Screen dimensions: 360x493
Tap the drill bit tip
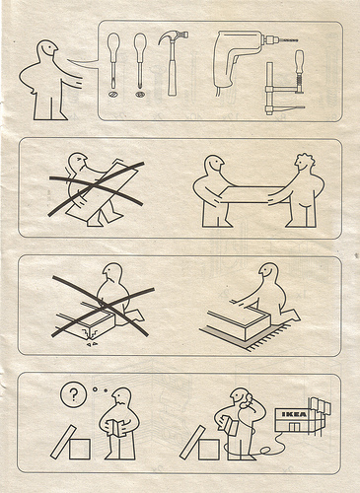point(297,40)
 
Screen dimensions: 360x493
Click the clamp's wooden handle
point(299,62)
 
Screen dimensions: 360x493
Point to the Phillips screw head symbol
point(140,95)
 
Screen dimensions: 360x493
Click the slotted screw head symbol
point(113,95)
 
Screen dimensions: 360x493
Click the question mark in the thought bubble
point(74,393)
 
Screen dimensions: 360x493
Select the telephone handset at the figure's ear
point(246,401)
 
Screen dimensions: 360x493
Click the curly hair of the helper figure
point(306,159)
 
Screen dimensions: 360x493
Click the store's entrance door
point(294,427)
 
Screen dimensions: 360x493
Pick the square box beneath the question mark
point(80,449)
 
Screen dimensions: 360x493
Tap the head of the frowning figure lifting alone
point(78,162)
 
